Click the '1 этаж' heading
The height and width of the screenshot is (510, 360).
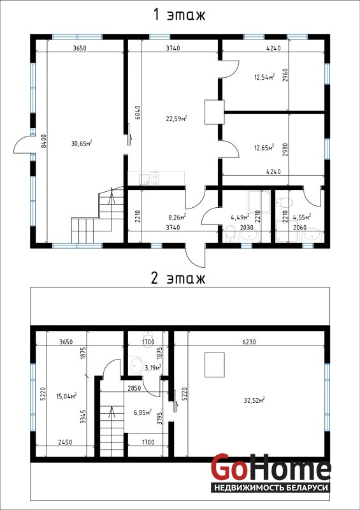180,15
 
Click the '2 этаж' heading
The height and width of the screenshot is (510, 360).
178,278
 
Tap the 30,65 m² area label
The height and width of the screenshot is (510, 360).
82,143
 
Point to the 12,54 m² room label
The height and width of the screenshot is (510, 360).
264,77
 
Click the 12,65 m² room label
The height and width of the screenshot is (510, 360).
264,148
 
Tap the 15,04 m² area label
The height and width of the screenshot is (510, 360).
66,395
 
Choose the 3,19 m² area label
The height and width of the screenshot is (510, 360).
153,368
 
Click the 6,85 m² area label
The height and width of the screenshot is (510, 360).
143,412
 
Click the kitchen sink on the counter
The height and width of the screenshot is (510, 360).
144,178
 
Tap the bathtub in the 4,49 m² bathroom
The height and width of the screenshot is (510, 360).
259,201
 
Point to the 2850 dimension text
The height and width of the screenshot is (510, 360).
133,388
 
